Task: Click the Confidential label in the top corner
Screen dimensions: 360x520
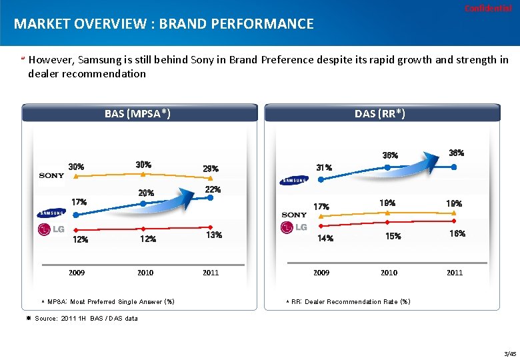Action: [492, 9]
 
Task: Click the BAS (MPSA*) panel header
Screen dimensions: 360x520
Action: [138, 113]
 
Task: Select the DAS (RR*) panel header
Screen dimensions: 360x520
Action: [380, 113]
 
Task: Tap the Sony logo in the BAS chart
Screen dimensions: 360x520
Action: [51, 175]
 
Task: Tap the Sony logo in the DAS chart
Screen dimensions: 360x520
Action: [294, 215]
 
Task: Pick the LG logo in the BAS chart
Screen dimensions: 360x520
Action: [51, 230]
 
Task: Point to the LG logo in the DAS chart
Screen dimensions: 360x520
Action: [295, 227]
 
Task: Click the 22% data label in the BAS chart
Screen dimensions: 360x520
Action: [213, 190]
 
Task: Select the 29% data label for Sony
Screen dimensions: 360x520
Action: [211, 169]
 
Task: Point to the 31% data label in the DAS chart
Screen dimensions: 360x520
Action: [325, 167]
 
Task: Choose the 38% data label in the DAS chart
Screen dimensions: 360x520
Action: [457, 153]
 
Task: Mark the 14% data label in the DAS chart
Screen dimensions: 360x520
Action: [325, 238]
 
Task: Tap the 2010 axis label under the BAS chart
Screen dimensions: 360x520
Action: [145, 273]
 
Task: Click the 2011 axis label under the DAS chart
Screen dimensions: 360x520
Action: [455, 273]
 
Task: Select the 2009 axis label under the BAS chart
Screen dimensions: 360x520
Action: [77, 273]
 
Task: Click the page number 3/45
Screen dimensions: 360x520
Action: [510, 353]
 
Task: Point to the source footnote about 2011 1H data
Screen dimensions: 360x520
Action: [86, 318]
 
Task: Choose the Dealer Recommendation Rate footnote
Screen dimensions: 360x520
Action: [351, 302]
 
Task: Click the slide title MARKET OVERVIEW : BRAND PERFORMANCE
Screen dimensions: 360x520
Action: [164, 25]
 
